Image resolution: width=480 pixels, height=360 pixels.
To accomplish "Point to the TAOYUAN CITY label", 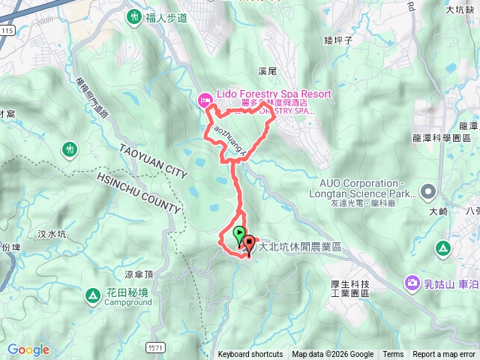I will click(x=152, y=160).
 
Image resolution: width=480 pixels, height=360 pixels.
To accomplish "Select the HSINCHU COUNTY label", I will click(x=139, y=194).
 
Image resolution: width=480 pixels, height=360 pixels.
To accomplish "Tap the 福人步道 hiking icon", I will click(x=134, y=15).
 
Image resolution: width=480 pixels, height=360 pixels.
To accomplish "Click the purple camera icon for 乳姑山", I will click(x=412, y=283).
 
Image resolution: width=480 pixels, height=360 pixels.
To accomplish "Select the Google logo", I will click(x=28, y=349).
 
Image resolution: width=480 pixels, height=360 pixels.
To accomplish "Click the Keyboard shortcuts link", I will click(x=250, y=355).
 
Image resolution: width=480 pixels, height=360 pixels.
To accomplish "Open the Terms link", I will click(x=393, y=355).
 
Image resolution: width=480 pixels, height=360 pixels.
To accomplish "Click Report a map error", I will click(x=444, y=355).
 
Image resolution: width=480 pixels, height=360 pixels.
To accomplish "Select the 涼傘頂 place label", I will click(x=139, y=274).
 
